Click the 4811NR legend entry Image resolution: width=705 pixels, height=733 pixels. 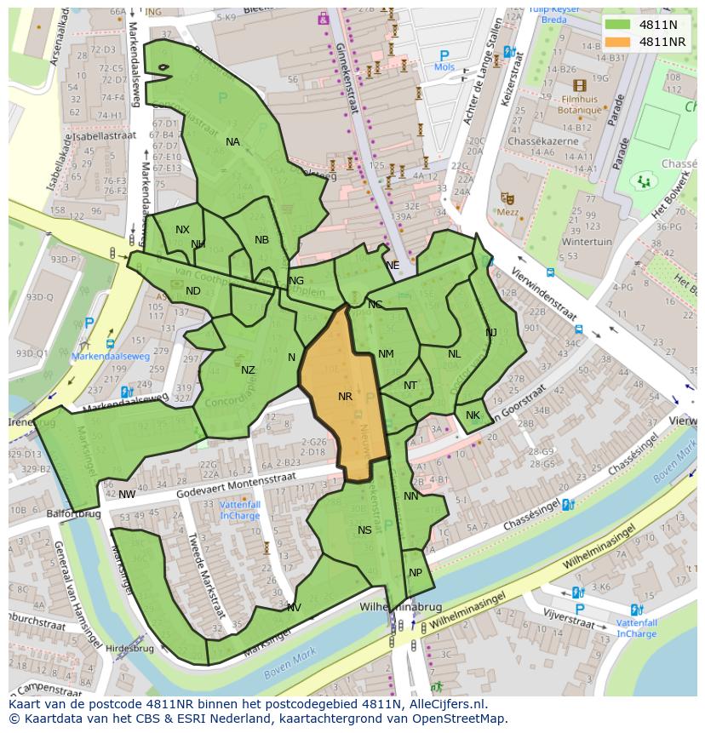click(646, 42)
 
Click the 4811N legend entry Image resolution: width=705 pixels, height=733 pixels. click(646, 25)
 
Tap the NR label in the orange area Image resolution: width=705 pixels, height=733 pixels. click(345, 397)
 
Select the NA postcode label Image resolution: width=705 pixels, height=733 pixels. click(232, 142)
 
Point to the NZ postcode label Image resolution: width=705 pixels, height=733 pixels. click(248, 370)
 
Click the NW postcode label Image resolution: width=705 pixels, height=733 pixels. click(127, 495)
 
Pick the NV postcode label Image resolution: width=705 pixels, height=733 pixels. click(294, 608)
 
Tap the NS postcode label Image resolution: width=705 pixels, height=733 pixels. click(364, 530)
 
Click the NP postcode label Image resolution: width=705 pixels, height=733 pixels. click(416, 573)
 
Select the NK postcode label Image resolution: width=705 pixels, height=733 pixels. click(473, 415)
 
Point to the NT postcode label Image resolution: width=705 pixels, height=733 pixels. click(410, 386)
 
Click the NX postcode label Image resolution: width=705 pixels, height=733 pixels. click(182, 230)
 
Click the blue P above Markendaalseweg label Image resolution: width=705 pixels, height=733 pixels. click(89, 324)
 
